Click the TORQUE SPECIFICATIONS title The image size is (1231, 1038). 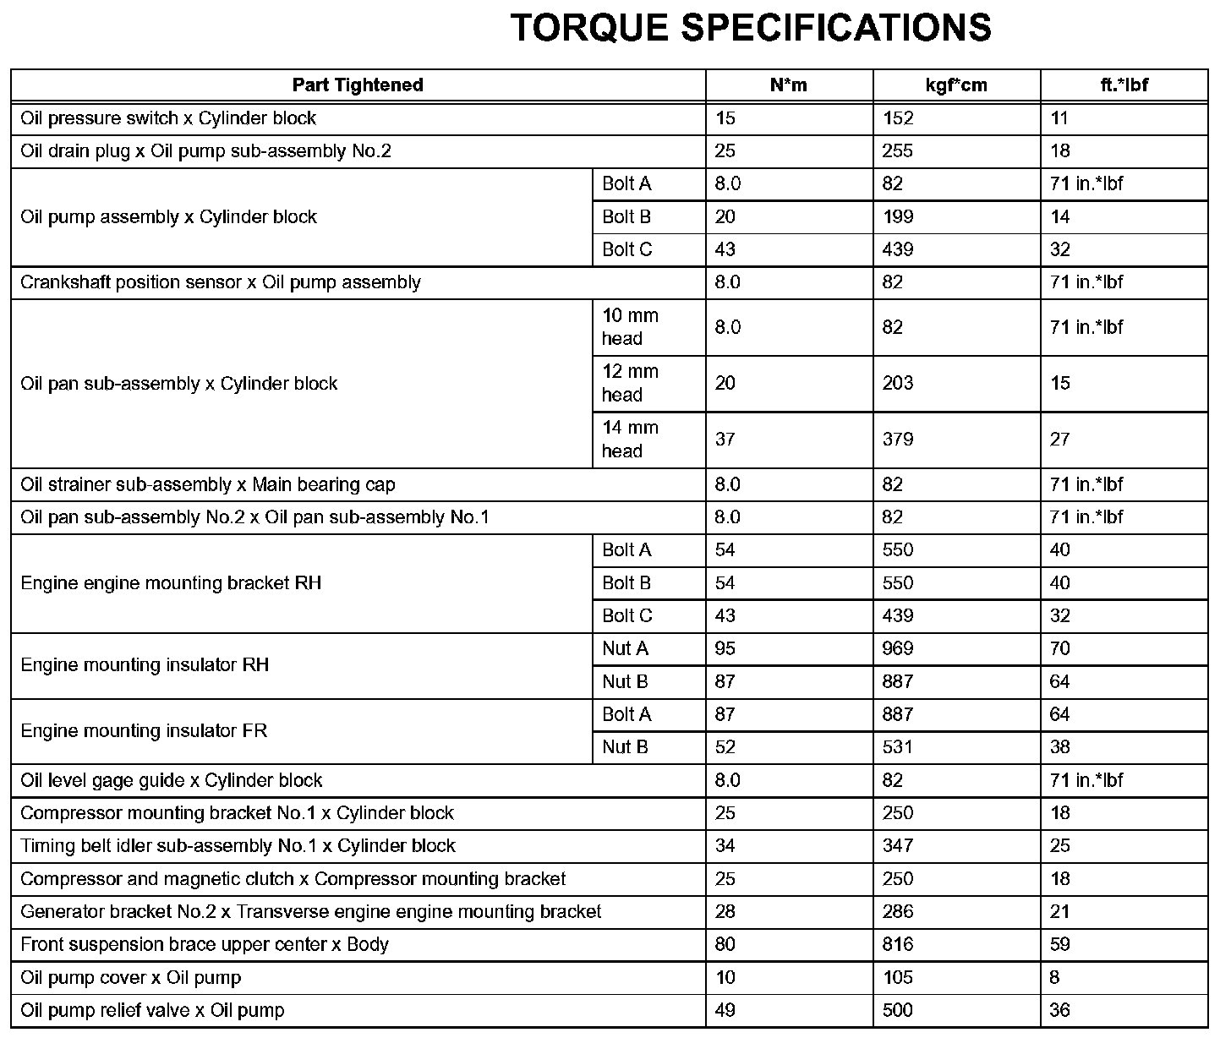[x=751, y=28]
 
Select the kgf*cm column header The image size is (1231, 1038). [x=956, y=85]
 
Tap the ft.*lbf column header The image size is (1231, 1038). [x=1124, y=85]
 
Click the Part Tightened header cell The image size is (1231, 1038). [x=358, y=85]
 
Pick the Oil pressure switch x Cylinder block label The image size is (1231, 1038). [x=168, y=118]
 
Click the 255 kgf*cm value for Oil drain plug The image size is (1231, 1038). [x=898, y=151]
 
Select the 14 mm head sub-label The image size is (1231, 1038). [x=630, y=440]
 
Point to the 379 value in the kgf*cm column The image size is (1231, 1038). [x=898, y=440]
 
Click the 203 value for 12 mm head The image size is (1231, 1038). [x=898, y=384]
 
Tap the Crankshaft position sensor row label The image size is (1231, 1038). [x=221, y=282]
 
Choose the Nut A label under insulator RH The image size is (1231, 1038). [x=626, y=649]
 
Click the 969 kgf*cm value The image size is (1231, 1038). [x=898, y=649]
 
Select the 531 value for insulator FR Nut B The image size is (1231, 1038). [x=898, y=747]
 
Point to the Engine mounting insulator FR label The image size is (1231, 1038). [x=144, y=731]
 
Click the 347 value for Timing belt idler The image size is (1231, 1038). [x=898, y=846]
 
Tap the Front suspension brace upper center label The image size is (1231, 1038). [x=205, y=945]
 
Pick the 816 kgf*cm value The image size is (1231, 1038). [x=898, y=945]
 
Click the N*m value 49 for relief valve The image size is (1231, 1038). [x=725, y=1011]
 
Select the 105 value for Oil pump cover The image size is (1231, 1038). [x=898, y=978]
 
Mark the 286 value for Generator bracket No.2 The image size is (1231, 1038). [x=898, y=912]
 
